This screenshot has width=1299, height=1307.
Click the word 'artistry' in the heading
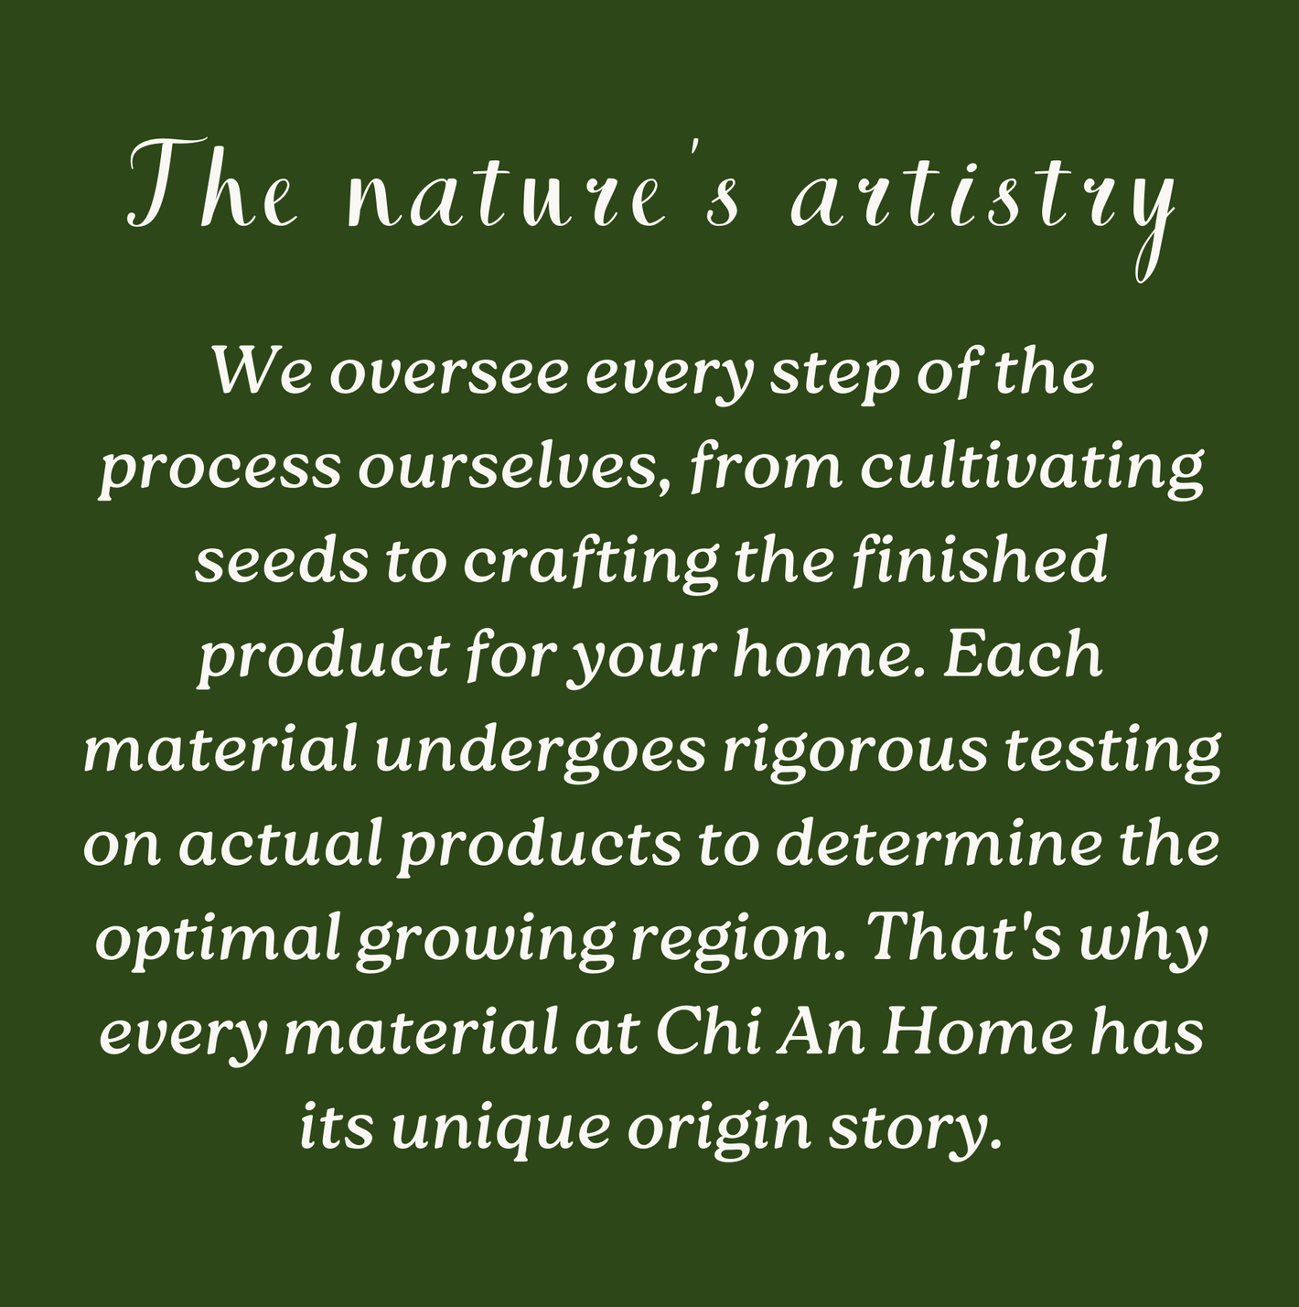point(983,203)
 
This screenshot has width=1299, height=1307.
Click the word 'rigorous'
point(854,754)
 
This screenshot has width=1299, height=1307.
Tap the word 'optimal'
point(218,942)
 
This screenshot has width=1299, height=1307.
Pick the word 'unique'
point(500,1130)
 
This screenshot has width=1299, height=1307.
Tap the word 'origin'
point(719,1130)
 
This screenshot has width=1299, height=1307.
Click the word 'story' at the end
point(907,1130)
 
